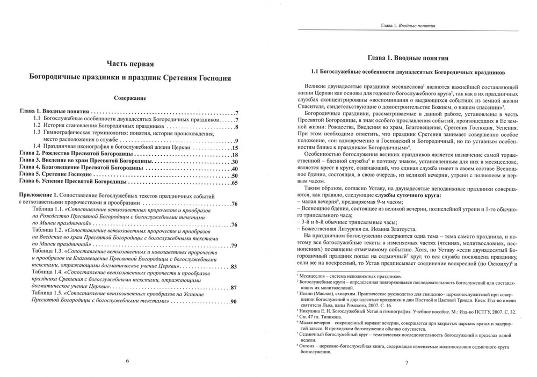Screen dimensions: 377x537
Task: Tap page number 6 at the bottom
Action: point(127,360)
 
